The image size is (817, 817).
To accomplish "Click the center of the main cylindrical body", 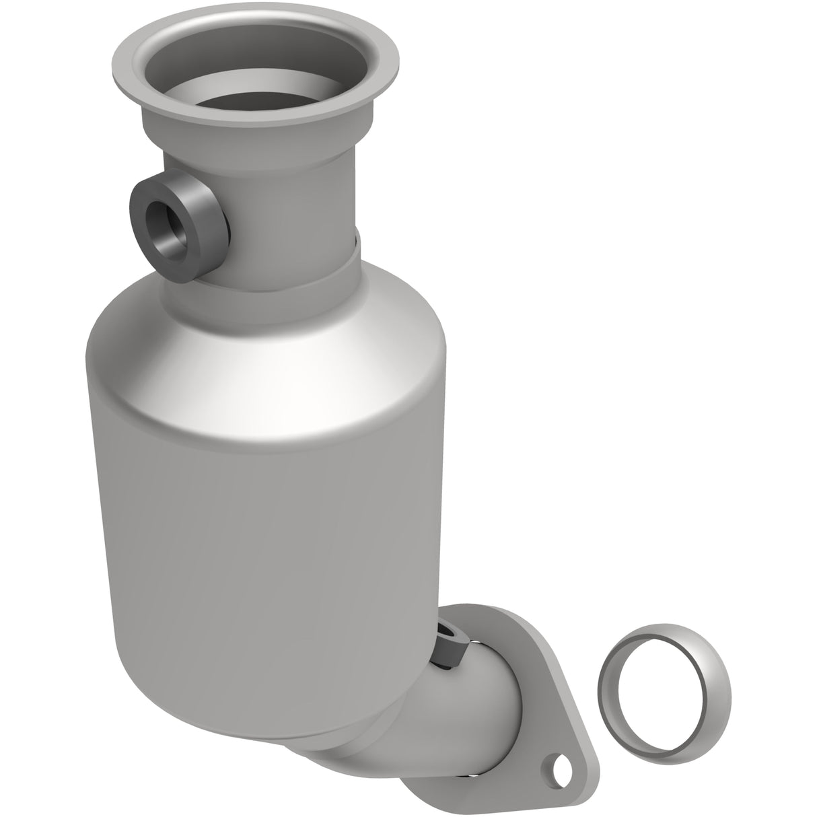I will click(x=269, y=538).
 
